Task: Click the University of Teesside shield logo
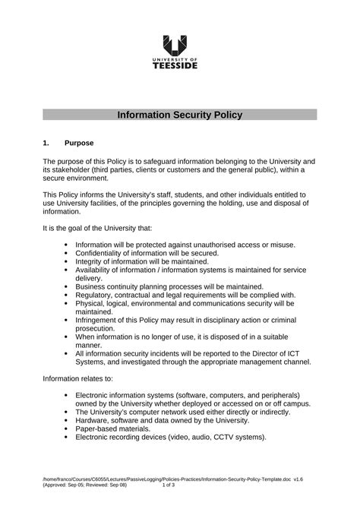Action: coord(179,46)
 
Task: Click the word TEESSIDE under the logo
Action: coord(179,66)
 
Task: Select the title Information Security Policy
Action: coord(179,115)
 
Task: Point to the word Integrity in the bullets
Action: coord(90,261)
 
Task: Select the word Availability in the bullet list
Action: coord(96,270)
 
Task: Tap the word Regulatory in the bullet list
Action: coord(97,295)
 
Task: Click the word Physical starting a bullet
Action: coord(93,303)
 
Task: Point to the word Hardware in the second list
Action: coord(96,420)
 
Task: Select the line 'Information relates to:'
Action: coord(77,378)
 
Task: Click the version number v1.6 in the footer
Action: coord(310,489)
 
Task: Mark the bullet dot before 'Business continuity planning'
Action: coord(67,287)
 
